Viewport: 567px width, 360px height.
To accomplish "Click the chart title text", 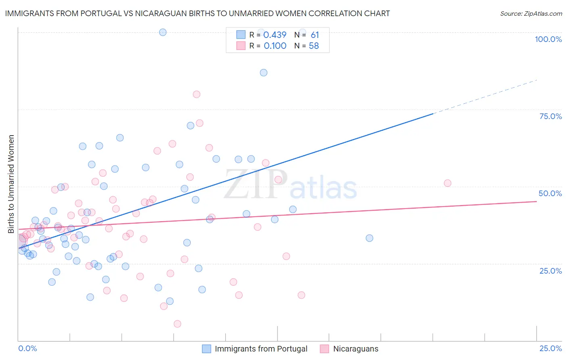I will tap(197, 13).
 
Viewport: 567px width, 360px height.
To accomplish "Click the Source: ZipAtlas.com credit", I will tap(531, 13).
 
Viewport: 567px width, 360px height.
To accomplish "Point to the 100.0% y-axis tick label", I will tap(548, 39).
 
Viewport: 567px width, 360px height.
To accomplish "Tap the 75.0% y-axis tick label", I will tap(550, 116).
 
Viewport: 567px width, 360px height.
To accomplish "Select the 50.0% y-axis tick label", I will tap(550, 193).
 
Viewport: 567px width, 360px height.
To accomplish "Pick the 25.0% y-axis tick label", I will tap(550, 271).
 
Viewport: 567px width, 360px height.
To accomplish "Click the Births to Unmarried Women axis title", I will tap(11, 184).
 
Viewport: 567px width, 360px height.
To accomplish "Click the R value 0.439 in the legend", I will tap(275, 35).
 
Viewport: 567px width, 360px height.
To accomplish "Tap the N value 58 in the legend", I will tap(314, 46).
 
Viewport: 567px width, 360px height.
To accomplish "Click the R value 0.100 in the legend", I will tap(275, 46).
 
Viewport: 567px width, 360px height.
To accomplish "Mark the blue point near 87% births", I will tap(263, 73).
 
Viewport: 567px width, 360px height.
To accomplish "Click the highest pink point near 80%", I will tap(196, 94).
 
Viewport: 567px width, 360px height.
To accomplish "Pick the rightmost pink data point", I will tap(447, 183).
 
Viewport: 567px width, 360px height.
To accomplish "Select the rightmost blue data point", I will tap(369, 238).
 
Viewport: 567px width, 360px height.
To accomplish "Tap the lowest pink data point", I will tap(177, 324).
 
